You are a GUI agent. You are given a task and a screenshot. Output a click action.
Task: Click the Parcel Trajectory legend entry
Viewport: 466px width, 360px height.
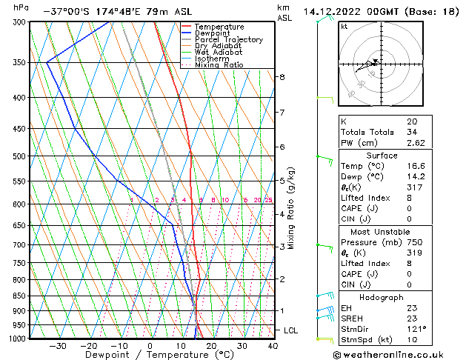(x=227, y=39)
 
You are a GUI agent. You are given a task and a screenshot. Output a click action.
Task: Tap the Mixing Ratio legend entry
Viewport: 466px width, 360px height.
(x=222, y=64)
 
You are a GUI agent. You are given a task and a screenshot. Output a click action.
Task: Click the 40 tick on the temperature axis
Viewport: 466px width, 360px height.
(x=273, y=346)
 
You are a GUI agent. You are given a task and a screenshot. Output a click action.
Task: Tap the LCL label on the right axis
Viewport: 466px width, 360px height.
(x=291, y=330)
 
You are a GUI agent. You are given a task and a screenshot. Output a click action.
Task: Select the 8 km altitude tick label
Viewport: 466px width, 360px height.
(x=282, y=77)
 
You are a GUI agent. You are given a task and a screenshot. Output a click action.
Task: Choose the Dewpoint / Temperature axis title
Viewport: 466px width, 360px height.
(x=150, y=355)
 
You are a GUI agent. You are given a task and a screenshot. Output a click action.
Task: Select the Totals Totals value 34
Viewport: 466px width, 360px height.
(x=411, y=132)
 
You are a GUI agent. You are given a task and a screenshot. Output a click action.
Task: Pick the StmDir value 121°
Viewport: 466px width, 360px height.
(x=416, y=329)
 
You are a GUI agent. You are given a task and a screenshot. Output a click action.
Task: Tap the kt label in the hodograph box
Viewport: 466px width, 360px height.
(x=344, y=26)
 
